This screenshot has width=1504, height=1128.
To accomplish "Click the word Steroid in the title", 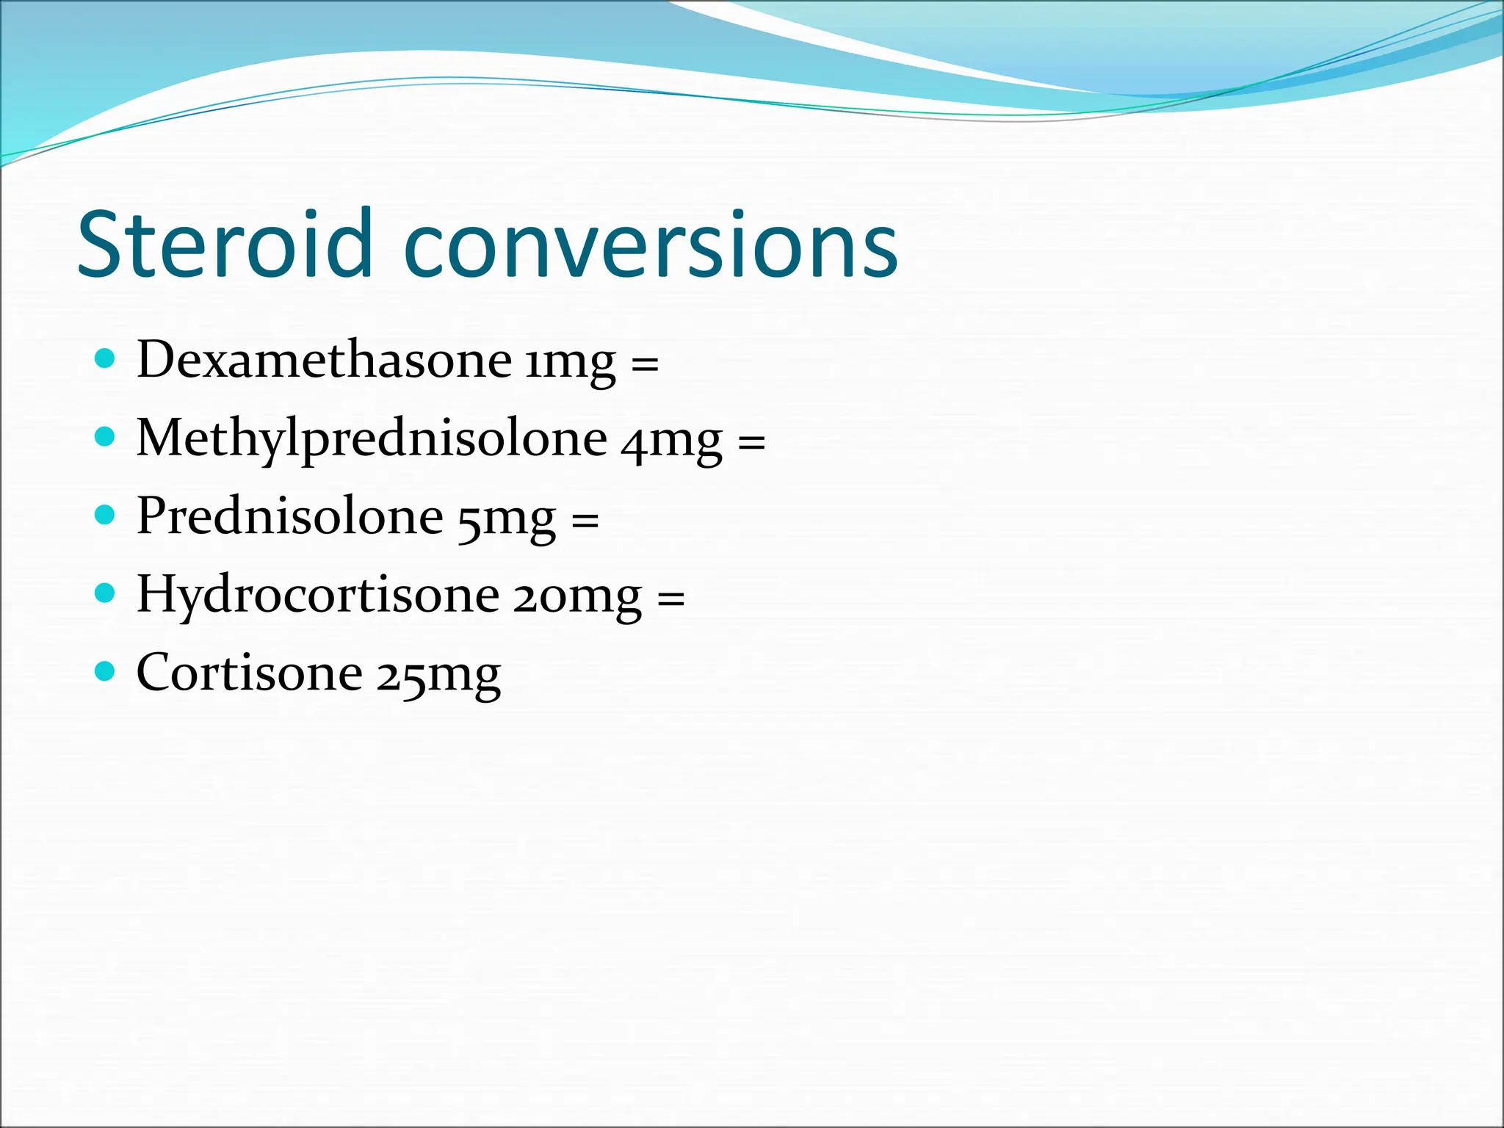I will (x=224, y=244).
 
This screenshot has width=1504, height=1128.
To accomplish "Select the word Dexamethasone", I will (x=324, y=360).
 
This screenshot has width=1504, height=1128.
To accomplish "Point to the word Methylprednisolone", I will (x=372, y=439).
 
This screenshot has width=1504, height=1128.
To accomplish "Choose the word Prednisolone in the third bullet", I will (x=290, y=516).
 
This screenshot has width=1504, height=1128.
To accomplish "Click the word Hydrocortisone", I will (x=318, y=595).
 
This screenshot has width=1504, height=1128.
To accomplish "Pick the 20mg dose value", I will (x=577, y=597).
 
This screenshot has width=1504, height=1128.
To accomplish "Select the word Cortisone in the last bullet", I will (x=250, y=673).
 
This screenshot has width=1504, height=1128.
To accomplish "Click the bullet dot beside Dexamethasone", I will (x=106, y=358).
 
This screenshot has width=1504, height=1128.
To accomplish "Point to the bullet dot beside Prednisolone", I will (x=106, y=515).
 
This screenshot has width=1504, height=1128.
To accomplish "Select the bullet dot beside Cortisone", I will (x=106, y=671).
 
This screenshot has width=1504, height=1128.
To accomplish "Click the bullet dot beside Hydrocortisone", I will (x=106, y=593).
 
